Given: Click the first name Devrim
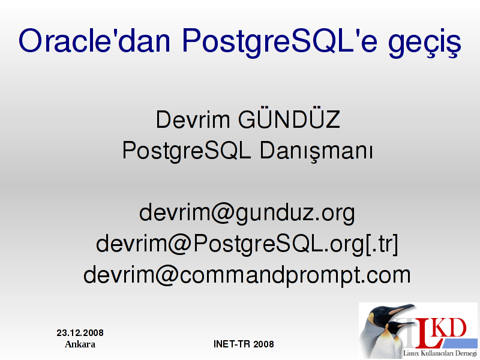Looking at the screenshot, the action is click(x=193, y=119).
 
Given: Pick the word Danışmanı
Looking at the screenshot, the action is click(x=317, y=151).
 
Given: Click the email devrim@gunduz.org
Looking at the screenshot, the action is click(x=247, y=212).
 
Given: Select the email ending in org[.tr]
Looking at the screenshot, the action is click(x=247, y=244).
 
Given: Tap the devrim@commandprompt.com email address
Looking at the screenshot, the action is click(x=247, y=275).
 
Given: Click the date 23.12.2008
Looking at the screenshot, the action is click(x=80, y=333).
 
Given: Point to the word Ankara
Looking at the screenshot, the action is click(x=80, y=344).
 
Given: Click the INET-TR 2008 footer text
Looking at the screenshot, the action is click(x=244, y=344).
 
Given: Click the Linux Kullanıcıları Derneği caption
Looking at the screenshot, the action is click(x=440, y=353).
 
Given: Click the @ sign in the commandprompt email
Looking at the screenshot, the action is click(x=167, y=275).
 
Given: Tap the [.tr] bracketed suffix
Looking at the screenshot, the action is click(x=382, y=244).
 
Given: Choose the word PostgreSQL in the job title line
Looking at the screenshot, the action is click(x=187, y=151).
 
